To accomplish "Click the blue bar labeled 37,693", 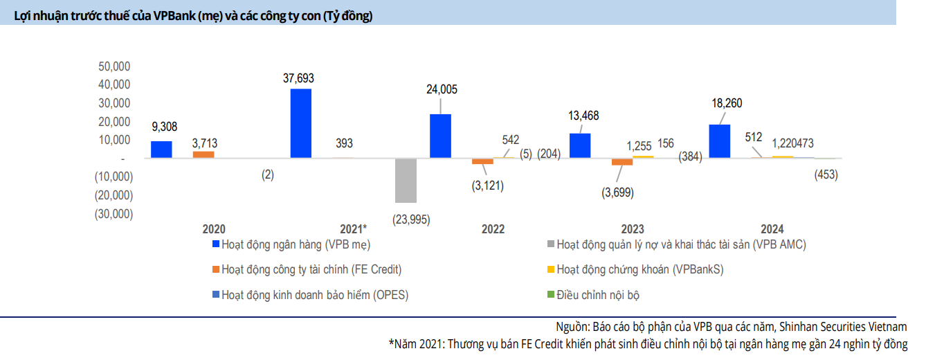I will point(301,123).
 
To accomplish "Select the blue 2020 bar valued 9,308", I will point(161,150).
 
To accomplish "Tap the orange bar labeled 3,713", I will point(203,154).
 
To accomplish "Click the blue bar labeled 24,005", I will point(440,136).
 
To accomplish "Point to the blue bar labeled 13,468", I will point(580,145).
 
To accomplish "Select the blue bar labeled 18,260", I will point(720,141).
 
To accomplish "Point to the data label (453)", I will point(826,175).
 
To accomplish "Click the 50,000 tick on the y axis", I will point(116,66).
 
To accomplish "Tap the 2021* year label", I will point(354,229).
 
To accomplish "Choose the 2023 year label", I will point(633,229).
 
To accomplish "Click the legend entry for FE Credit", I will point(306,269).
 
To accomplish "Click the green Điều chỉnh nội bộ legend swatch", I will point(550,295).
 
